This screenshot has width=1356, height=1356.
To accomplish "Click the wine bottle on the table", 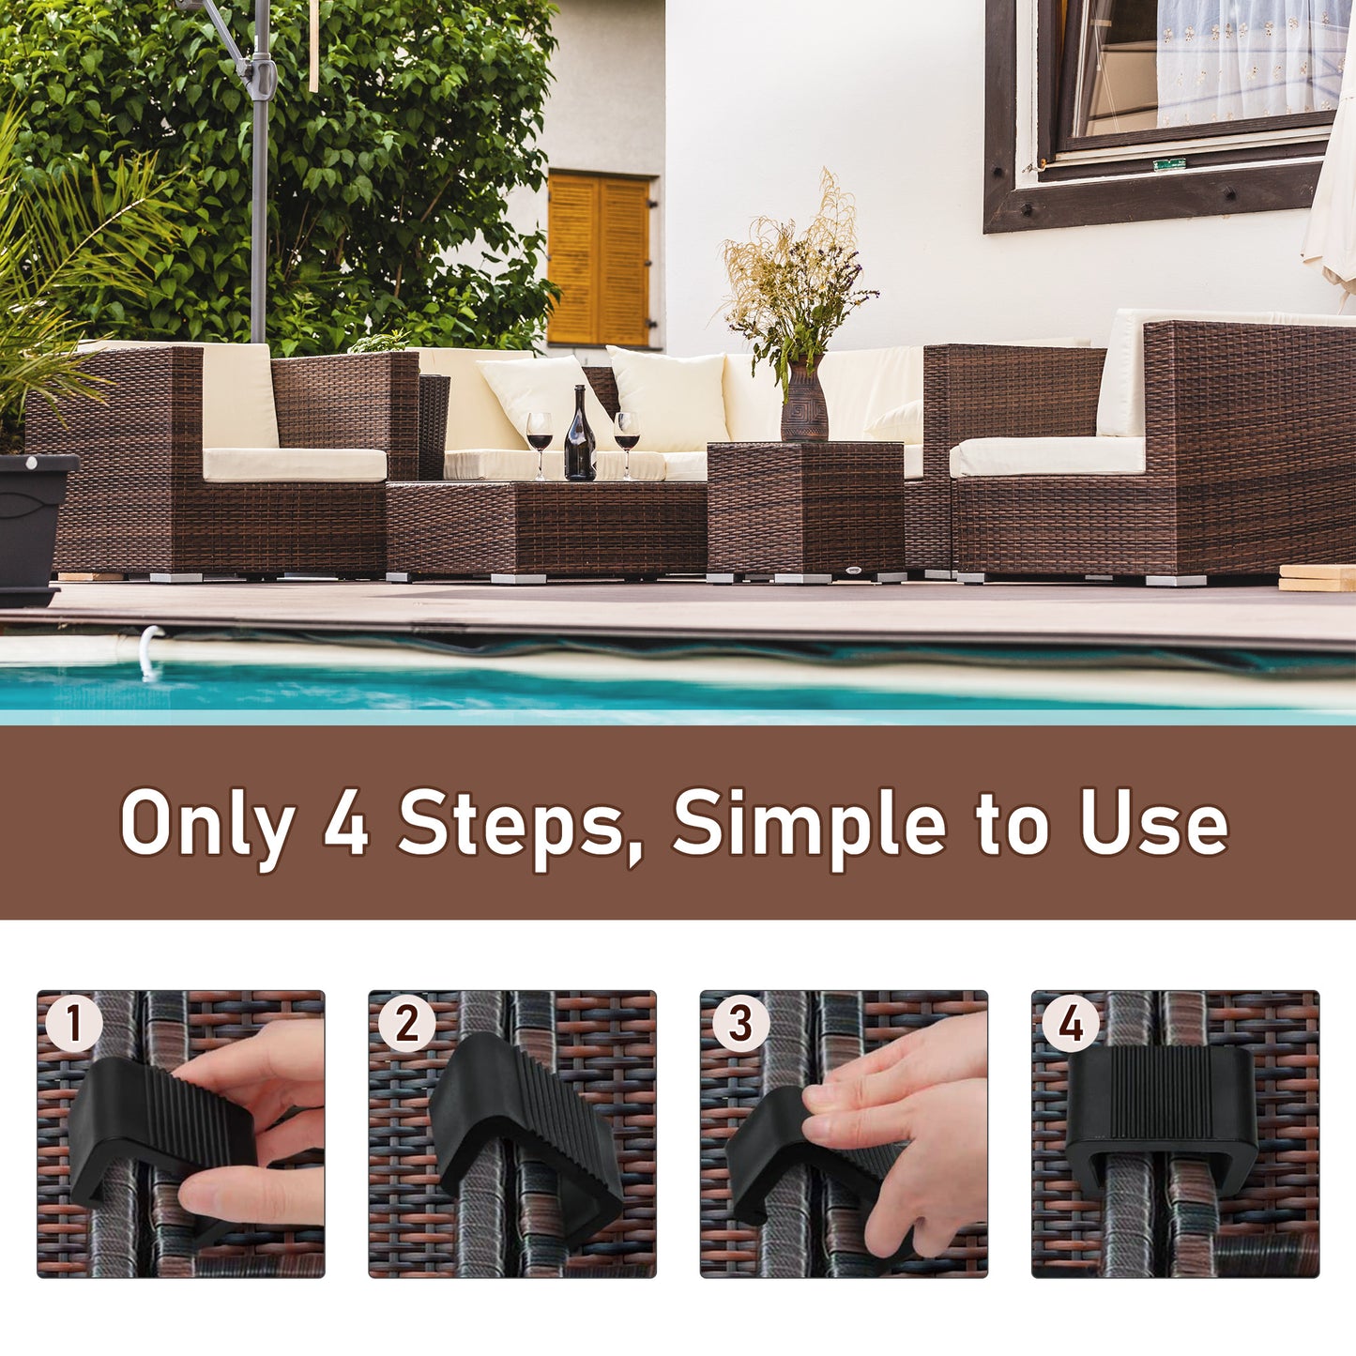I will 579,438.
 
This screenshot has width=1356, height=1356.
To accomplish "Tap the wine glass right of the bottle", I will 626,438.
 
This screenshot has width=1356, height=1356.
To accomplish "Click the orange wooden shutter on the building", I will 599,259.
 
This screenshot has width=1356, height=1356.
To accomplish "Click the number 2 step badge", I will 406,1024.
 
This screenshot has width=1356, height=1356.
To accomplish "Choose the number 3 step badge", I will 739,1024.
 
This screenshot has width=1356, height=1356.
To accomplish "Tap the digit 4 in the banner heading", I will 345,822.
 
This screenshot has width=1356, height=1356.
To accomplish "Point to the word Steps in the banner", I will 511,824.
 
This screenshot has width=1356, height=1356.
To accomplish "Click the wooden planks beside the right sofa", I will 1317,578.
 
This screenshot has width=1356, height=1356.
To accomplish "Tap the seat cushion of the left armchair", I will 294,465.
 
